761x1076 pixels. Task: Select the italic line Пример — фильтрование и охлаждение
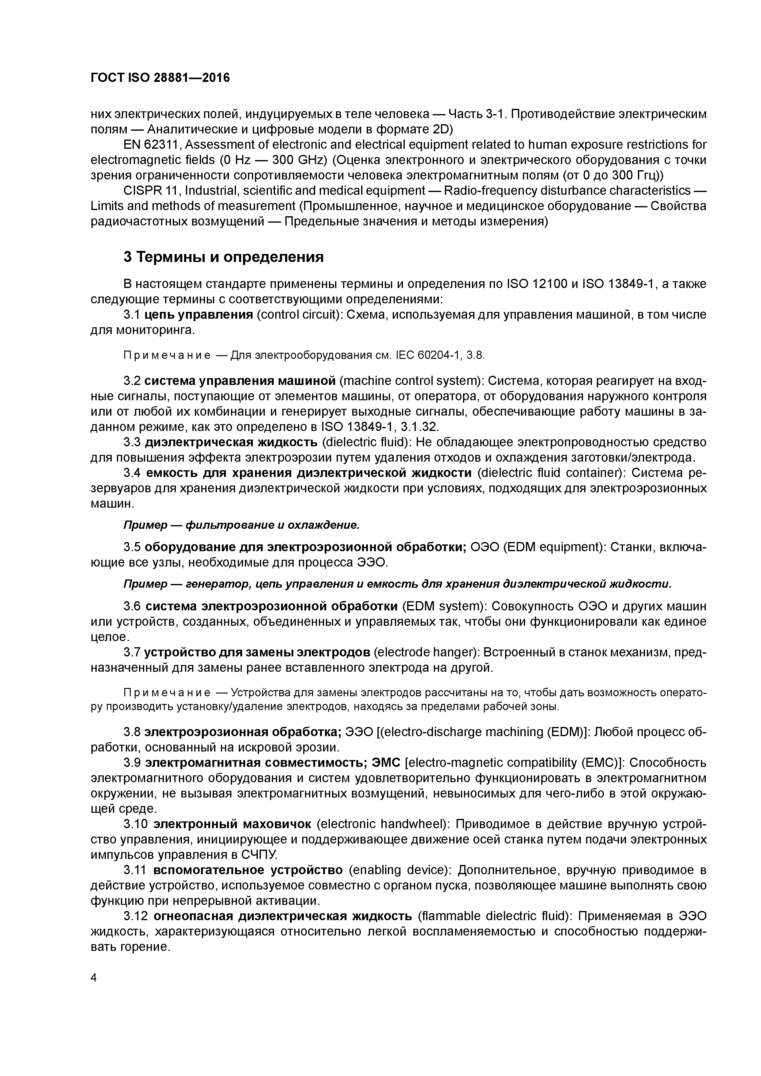[x=241, y=525]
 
